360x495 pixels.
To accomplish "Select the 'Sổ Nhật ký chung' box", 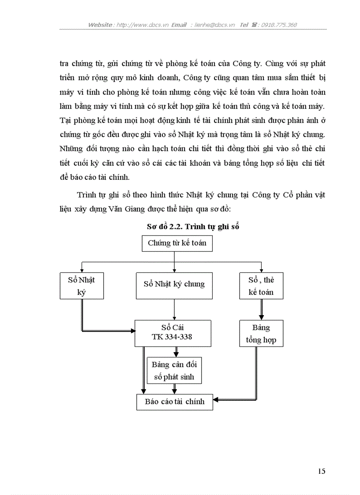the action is pyautogui.click(x=174, y=284).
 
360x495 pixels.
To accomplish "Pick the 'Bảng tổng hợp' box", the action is pyautogui.click(x=261, y=334).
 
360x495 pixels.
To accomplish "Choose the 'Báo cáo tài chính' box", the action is pyautogui.click(x=174, y=402).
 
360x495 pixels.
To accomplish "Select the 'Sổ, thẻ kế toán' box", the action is pyautogui.click(x=261, y=286).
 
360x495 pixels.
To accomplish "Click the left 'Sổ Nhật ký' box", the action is pyautogui.click(x=82, y=286).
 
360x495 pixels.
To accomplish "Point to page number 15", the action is pyautogui.click(x=321, y=471).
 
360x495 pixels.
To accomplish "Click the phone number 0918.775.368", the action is pyautogui.click(x=279, y=25).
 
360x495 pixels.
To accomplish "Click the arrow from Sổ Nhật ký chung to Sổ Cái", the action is pyautogui.click(x=175, y=310).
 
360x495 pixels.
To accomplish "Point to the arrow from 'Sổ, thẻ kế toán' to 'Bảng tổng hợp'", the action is pyautogui.click(x=261, y=309).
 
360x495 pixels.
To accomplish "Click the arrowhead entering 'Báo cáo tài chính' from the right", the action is pyautogui.click(x=216, y=400).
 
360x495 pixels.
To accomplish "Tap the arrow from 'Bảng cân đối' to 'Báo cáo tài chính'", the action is pyautogui.click(x=175, y=388).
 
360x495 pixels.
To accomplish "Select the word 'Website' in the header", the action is pyautogui.click(x=100, y=25).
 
